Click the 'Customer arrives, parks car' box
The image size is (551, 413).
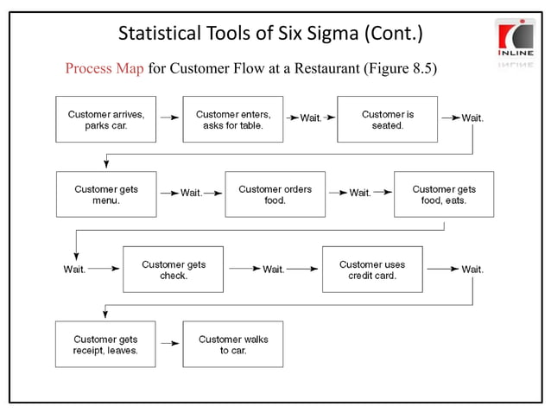(106, 120)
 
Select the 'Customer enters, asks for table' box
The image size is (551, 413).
(233, 120)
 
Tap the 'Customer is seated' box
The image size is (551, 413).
(387, 120)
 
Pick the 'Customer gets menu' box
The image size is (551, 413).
(106, 194)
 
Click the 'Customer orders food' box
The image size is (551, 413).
(275, 194)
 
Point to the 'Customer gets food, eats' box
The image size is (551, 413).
(444, 194)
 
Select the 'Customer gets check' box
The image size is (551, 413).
(173, 270)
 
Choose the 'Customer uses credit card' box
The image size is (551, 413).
(372, 270)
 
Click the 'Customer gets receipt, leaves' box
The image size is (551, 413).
(105, 344)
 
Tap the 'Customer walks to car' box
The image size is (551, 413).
(233, 344)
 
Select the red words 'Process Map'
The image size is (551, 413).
(104, 68)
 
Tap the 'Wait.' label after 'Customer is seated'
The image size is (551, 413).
(472, 118)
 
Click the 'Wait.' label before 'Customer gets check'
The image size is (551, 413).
(74, 270)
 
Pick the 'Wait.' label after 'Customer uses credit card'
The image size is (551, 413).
(472, 270)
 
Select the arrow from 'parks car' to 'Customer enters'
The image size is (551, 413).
(169, 119)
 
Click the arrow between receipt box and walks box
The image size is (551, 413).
(169, 344)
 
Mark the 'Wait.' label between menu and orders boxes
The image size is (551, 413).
(191, 194)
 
